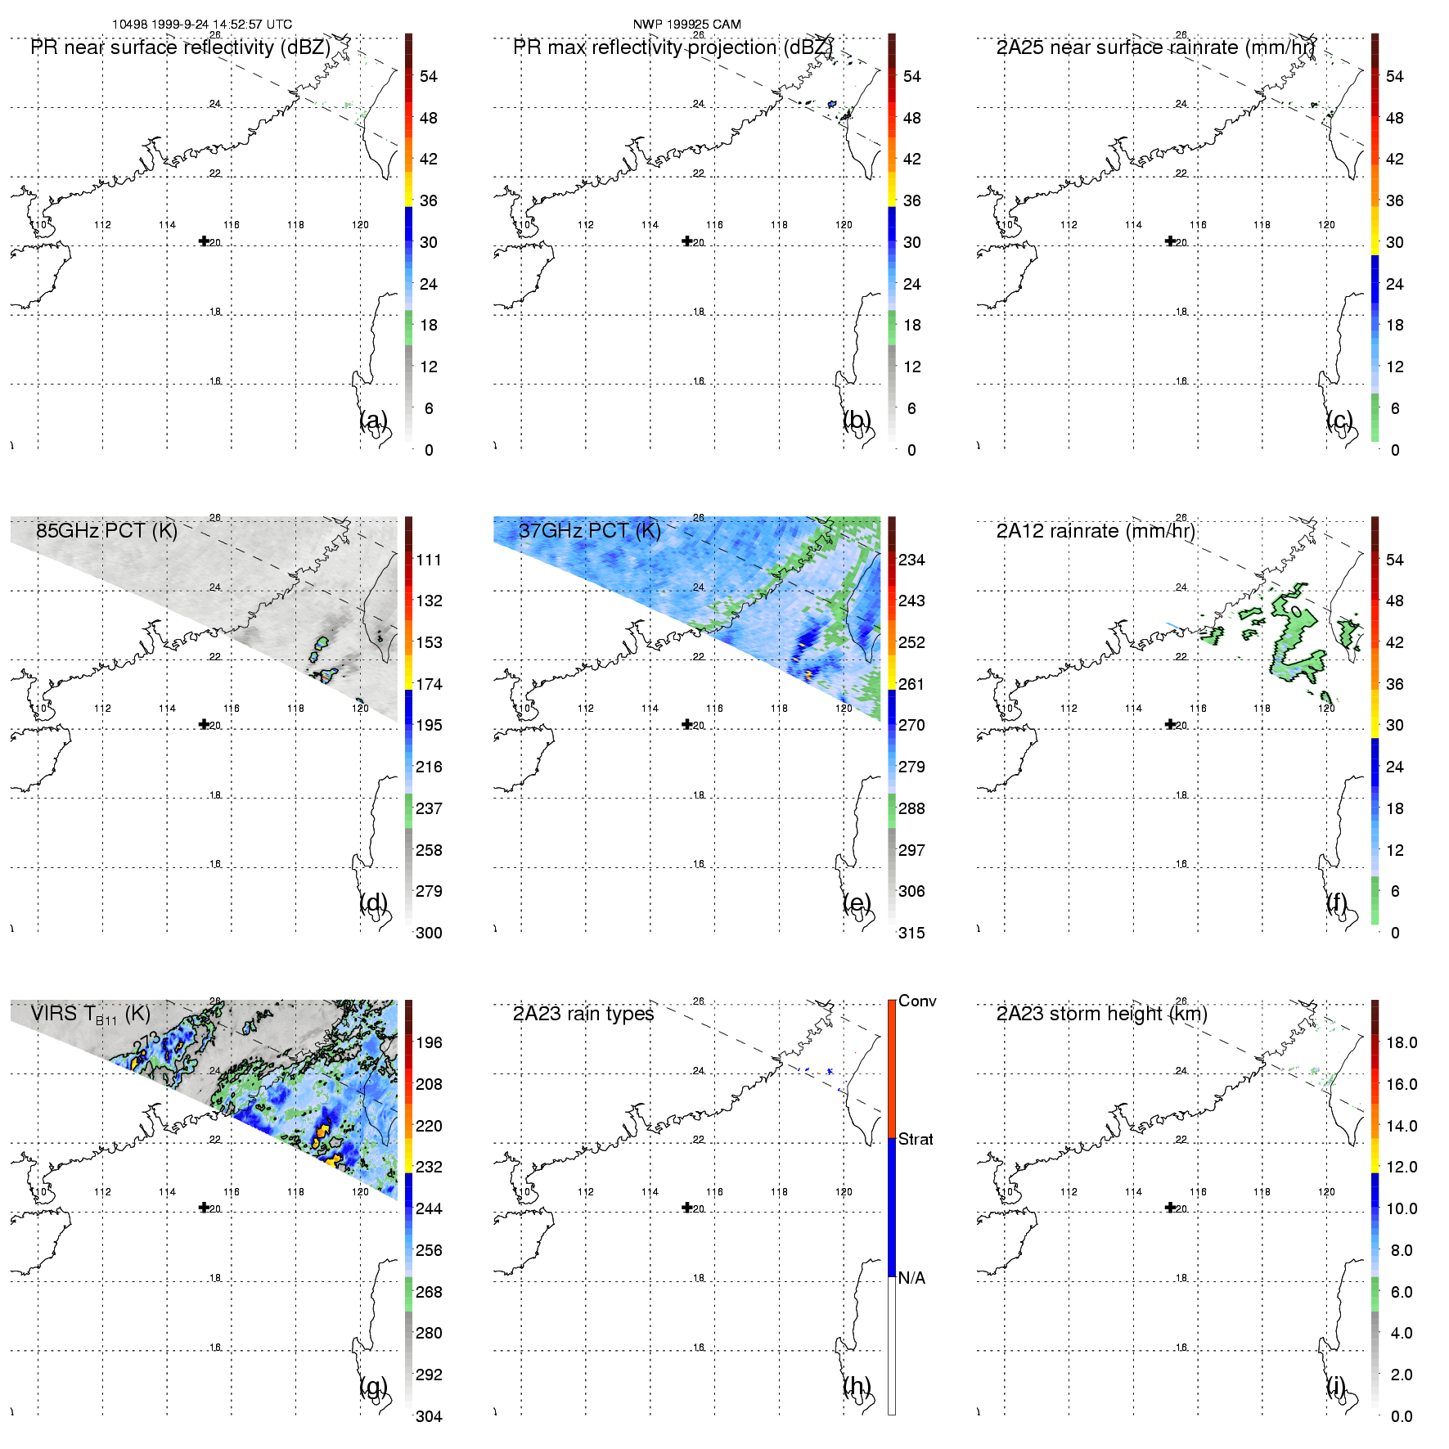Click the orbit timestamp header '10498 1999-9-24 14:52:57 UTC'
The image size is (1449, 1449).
click(x=202, y=25)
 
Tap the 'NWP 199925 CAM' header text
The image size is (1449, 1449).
click(x=686, y=25)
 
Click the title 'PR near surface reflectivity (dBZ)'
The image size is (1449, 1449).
click(x=180, y=47)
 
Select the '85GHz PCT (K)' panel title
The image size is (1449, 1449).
click(x=106, y=531)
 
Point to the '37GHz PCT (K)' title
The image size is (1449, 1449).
click(x=589, y=531)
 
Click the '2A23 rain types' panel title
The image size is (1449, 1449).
click(x=583, y=1014)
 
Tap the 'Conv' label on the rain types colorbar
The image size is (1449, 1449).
click(x=917, y=1001)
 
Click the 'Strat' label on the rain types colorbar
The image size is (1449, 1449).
click(x=916, y=1139)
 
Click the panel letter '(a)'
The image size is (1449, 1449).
click(x=374, y=420)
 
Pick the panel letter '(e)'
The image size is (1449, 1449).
click(x=857, y=903)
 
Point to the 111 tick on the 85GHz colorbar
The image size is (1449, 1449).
click(x=429, y=560)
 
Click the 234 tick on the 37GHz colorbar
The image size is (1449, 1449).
click(x=911, y=560)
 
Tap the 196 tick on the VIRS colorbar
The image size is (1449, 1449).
click(x=429, y=1042)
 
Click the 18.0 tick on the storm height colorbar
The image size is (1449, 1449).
click(x=1401, y=1042)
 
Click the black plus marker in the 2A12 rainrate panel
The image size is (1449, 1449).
click(x=1170, y=724)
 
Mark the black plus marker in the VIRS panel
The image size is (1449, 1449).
click(x=204, y=1207)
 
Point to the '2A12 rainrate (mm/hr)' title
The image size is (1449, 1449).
click(x=1096, y=531)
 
